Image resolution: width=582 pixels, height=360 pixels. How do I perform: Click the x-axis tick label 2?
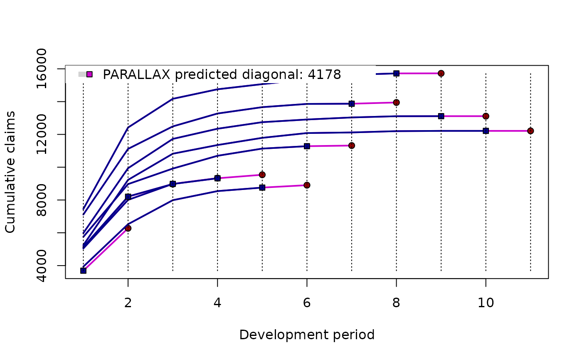[128, 303]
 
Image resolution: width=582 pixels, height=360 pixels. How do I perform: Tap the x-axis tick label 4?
[217, 303]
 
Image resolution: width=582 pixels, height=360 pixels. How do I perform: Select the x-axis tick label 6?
[307, 303]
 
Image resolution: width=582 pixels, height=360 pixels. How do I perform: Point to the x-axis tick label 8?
[396, 303]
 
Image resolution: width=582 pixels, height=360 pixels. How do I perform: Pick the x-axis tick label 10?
[486, 303]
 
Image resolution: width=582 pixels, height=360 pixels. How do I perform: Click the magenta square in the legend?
[89, 74]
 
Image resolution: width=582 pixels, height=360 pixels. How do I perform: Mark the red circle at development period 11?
[530, 131]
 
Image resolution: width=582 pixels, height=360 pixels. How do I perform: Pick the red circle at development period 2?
[128, 228]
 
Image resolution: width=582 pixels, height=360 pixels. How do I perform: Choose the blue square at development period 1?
[83, 271]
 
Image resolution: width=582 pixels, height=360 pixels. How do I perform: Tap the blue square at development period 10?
[486, 131]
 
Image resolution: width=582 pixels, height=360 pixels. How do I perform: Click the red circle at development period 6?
[307, 185]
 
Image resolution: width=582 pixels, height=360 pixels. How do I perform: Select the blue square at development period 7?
[352, 104]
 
